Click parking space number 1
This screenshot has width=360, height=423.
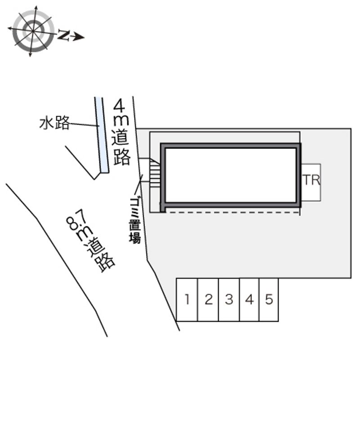[x=187, y=300]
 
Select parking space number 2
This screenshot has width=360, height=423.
[x=208, y=300]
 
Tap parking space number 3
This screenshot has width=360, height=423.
[x=229, y=300]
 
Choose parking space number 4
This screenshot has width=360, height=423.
[x=249, y=300]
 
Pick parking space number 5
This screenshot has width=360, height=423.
[x=269, y=300]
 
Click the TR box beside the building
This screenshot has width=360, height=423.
[x=311, y=182]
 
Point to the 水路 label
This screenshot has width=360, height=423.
[x=54, y=123]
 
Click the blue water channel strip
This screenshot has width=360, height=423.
[x=102, y=135]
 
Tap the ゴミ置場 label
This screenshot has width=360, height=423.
[x=135, y=220]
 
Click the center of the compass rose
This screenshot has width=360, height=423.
[x=33, y=31]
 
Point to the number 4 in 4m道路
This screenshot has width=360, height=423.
[x=119, y=105]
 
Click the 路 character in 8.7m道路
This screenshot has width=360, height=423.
[x=105, y=262]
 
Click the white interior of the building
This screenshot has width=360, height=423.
[x=231, y=175]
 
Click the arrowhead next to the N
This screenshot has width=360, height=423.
[x=79, y=37]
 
